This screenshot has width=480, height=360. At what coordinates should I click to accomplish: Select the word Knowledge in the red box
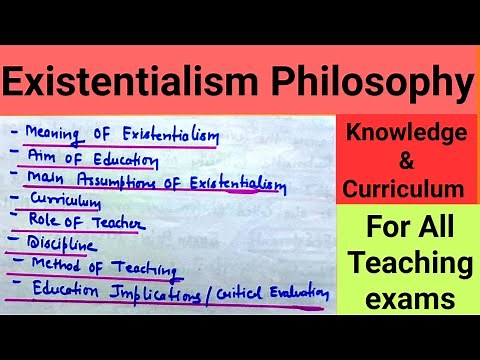[407, 133]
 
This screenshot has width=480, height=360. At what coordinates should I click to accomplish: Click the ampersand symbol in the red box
[405, 160]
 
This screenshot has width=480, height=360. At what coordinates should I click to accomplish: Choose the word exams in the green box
[407, 297]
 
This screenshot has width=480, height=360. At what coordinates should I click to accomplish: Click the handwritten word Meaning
[55, 131]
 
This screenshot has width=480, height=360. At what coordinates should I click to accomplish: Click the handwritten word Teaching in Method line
[144, 268]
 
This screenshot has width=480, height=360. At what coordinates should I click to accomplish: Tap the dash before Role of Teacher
[16, 222]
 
